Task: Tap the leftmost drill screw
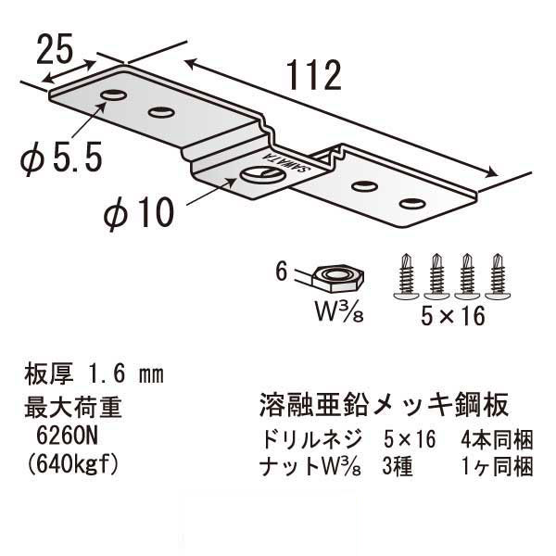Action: point(406,274)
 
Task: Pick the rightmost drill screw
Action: point(498,274)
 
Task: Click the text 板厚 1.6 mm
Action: point(92,375)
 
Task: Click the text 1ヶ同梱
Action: point(497,466)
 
